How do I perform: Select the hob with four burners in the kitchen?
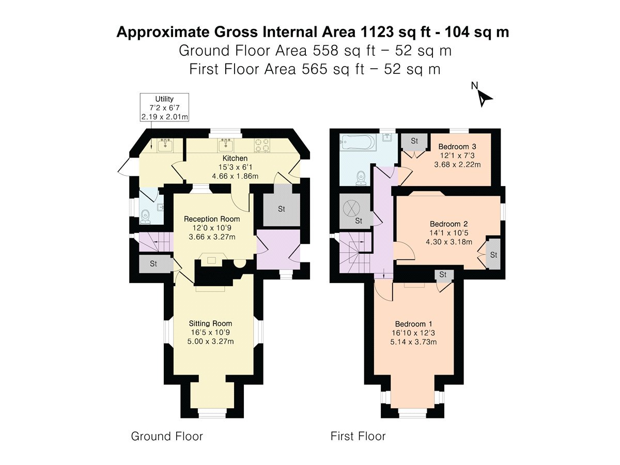pyautogui.click(x=262, y=145)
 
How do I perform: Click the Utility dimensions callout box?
pyautogui.click(x=164, y=107)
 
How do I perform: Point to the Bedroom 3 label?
pyautogui.click(x=457, y=147)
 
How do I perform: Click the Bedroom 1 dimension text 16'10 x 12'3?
pyautogui.click(x=413, y=333)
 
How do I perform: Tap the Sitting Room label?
pyautogui.click(x=210, y=323)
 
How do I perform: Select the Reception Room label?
pyautogui.click(x=212, y=219)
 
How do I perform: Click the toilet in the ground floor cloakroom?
pyautogui.click(x=145, y=216)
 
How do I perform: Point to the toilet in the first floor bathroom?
pyautogui.click(x=361, y=178)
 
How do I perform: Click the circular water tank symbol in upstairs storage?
pyautogui.click(x=352, y=208)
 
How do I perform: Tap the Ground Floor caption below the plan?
pyautogui.click(x=167, y=436)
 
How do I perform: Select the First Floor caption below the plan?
pyautogui.click(x=358, y=436)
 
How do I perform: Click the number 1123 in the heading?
pyautogui.click(x=377, y=32)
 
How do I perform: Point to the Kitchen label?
pyautogui.click(x=235, y=158)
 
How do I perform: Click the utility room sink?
pyautogui.click(x=165, y=145)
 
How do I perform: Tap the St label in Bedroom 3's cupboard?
pyautogui.click(x=414, y=141)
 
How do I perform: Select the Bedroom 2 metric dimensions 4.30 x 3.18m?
pyautogui.click(x=449, y=242)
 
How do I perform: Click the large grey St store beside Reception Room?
pyautogui.click(x=282, y=209)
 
